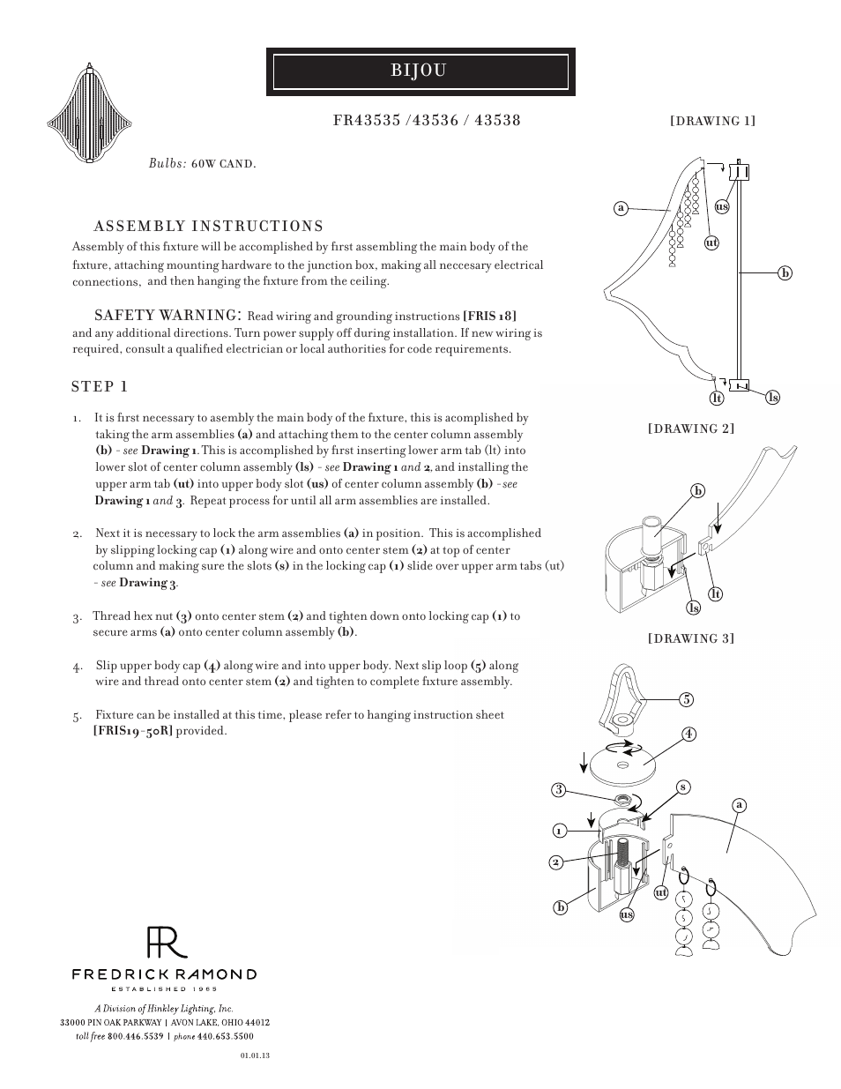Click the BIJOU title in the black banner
click(420, 71)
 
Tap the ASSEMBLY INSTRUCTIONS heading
click(208, 227)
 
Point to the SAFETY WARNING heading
click(167, 316)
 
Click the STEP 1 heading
click(100, 387)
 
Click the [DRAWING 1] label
click(712, 121)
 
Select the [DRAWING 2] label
click(691, 429)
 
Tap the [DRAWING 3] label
click(691, 638)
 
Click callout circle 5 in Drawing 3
click(687, 700)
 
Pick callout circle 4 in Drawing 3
click(688, 734)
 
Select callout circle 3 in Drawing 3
click(558, 790)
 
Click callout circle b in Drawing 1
click(785, 273)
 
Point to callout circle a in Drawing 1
click(621, 208)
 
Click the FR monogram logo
click(166, 943)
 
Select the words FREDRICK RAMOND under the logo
click(164, 974)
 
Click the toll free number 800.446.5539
click(136, 1037)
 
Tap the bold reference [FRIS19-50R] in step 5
click(132, 731)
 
